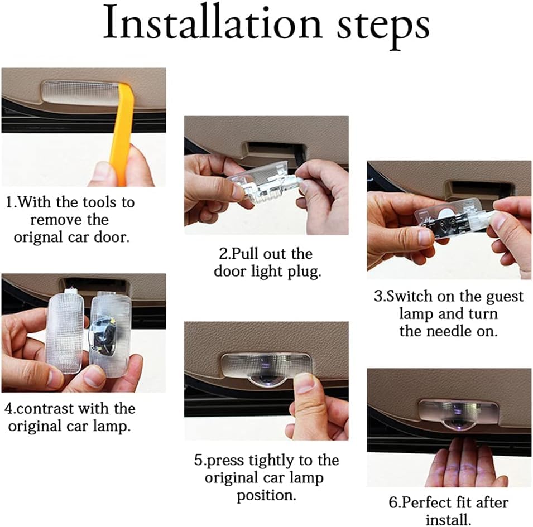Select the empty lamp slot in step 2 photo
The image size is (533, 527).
click(x=273, y=149)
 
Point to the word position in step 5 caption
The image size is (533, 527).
click(x=266, y=495)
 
